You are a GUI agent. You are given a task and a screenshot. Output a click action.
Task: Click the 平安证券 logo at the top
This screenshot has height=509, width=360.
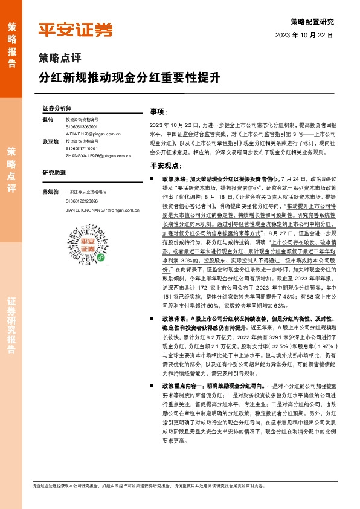click(x=76, y=30)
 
